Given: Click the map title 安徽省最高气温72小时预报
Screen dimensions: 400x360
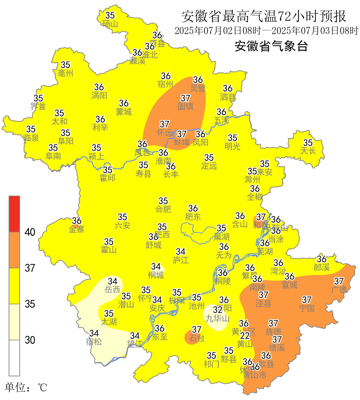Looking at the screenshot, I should (x=264, y=16).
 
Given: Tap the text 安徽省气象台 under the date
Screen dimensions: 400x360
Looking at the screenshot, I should (x=271, y=46).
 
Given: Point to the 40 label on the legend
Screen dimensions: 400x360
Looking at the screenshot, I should (x=30, y=232).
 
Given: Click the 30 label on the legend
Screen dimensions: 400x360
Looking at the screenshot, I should (x=30, y=340).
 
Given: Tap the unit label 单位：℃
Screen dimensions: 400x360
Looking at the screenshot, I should (x=26, y=388).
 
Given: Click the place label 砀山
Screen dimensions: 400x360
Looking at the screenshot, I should (x=110, y=24).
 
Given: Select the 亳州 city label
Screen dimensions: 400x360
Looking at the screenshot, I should (x=65, y=73).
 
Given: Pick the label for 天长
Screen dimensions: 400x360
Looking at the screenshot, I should (x=308, y=151).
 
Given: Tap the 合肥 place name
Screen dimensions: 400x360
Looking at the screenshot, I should (x=163, y=209).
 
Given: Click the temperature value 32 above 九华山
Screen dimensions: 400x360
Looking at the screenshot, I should (x=218, y=310).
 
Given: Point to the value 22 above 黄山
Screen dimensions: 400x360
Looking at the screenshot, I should (x=245, y=336).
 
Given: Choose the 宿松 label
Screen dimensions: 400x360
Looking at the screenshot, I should (x=94, y=342).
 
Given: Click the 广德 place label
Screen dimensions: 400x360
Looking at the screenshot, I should (x=339, y=290).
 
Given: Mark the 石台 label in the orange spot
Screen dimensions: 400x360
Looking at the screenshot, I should (x=196, y=338).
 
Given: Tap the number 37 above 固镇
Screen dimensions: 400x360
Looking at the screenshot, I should (x=185, y=98).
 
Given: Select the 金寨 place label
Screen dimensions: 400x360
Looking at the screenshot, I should (x=76, y=229).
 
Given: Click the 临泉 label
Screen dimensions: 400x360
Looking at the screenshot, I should (x=31, y=138).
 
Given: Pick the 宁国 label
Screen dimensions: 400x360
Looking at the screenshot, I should (x=307, y=308).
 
